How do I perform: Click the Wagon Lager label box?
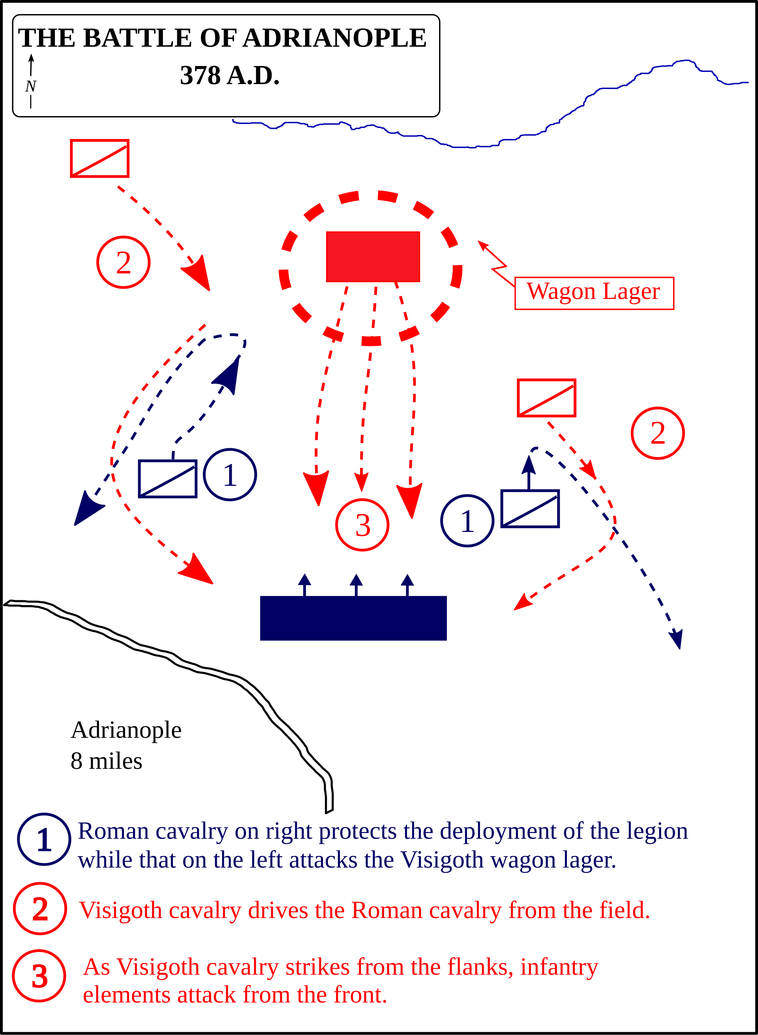point(594,293)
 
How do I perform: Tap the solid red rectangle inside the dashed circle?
point(373,257)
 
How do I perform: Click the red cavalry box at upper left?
point(99,158)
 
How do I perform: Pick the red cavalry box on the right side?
point(546,398)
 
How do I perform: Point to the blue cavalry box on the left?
point(168,478)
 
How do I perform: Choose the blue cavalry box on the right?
point(530,509)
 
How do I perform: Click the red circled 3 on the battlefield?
point(362,525)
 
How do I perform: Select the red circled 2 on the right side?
point(657,433)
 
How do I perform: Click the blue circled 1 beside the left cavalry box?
point(230,475)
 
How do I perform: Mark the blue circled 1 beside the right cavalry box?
point(467,521)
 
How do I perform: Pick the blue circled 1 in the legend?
point(44,840)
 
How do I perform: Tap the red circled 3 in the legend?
point(39,976)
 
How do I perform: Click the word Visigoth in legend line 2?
point(120,910)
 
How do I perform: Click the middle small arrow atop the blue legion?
point(356,584)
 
